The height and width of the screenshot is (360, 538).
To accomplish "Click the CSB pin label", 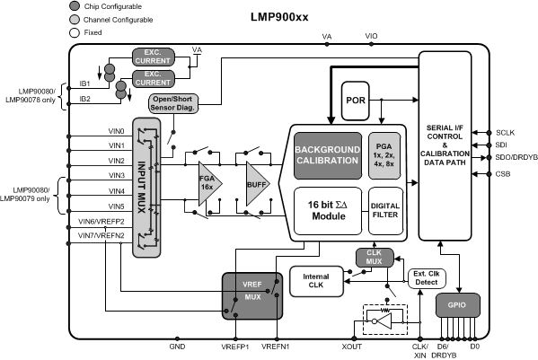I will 503,174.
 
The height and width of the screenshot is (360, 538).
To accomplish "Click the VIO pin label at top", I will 372,37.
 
